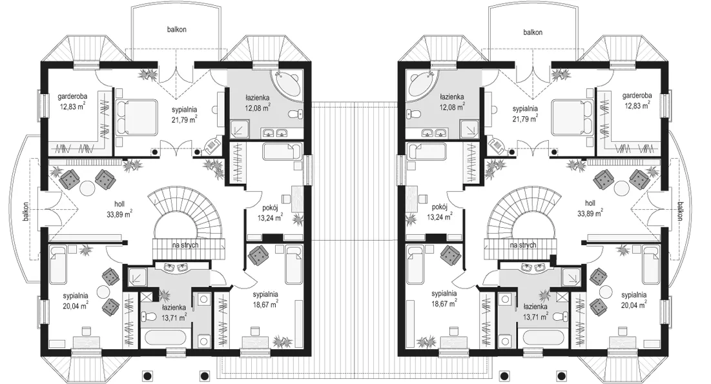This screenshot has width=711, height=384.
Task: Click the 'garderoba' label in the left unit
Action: click(x=72, y=96)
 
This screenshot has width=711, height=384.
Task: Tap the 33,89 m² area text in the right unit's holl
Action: click(x=590, y=212)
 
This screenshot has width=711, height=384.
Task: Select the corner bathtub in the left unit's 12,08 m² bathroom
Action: click(x=287, y=85)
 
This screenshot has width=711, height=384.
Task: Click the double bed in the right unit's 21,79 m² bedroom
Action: click(x=572, y=117)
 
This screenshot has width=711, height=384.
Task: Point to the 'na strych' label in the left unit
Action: click(x=185, y=245)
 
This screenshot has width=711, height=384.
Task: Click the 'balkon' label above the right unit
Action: click(x=533, y=32)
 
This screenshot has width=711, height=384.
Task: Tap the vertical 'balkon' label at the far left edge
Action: click(x=27, y=211)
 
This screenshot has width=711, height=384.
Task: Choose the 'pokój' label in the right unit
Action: click(x=439, y=207)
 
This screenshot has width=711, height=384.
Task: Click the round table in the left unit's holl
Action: click(x=87, y=187)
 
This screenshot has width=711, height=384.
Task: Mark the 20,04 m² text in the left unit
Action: click(x=76, y=305)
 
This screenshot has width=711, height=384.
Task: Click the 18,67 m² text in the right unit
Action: click(x=444, y=304)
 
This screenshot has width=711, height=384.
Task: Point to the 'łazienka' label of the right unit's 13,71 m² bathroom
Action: click(x=535, y=307)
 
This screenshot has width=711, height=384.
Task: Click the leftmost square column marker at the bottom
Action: click(x=147, y=375)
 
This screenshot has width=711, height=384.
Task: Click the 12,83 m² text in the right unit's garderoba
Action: click(x=637, y=105)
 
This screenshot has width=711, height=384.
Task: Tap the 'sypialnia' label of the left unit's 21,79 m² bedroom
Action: click(x=184, y=110)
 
